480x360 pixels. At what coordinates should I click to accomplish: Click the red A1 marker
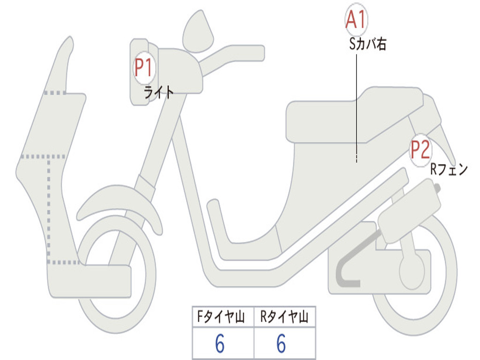pyautogui.click(x=356, y=20)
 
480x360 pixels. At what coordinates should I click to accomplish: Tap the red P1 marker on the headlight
pyautogui.click(x=144, y=67)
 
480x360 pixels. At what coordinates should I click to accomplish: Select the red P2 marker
pyautogui.click(x=420, y=150)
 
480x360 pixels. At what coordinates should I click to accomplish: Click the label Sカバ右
pyautogui.click(x=367, y=45)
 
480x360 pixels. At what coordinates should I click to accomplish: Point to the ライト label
pyautogui.click(x=159, y=92)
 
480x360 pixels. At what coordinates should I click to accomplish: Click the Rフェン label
pyautogui.click(x=449, y=169)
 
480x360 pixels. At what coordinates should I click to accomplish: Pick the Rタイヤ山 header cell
pyautogui.click(x=285, y=316)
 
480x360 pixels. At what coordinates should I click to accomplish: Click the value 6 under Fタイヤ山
pyautogui.click(x=220, y=344)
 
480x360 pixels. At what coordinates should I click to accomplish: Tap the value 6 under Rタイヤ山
pyautogui.click(x=281, y=344)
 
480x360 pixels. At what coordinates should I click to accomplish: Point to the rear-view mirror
pyautogui.click(x=198, y=32)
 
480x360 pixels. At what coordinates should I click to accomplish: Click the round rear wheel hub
pyautogui.click(x=412, y=270)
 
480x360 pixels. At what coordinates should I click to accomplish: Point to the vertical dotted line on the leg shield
pyautogui.click(x=49, y=210)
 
